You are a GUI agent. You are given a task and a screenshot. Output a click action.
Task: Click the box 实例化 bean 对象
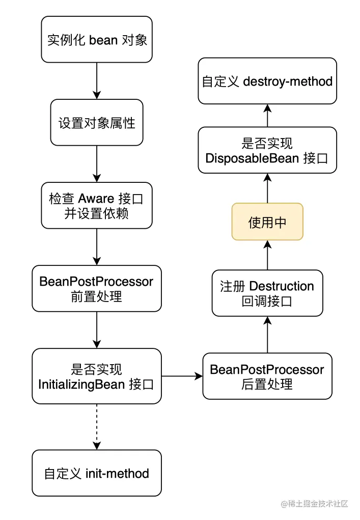click(x=97, y=39)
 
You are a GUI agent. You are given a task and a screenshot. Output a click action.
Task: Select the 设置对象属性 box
click(x=97, y=122)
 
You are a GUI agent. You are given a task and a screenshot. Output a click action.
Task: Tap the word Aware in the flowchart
click(x=95, y=199)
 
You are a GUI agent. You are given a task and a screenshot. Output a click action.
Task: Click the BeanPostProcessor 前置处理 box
click(x=97, y=288)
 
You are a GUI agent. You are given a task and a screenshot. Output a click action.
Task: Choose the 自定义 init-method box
click(x=97, y=473)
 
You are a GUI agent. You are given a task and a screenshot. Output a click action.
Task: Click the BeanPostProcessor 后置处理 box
click(x=267, y=376)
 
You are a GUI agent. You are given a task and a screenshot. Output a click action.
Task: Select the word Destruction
click(x=282, y=286)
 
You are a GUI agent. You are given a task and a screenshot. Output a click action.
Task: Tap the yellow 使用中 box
click(x=267, y=222)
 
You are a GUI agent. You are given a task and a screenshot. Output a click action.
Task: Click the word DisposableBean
click(x=253, y=158)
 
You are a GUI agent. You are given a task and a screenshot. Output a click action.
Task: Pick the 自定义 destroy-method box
click(x=267, y=81)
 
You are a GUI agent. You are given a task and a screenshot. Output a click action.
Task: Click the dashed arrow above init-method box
click(x=97, y=427)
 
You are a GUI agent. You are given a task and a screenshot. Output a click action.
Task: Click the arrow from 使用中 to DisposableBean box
click(x=267, y=188)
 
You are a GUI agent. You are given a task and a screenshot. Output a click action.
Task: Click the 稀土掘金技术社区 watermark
click(x=314, y=504)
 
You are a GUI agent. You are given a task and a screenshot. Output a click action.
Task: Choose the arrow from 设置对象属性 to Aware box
click(x=97, y=163)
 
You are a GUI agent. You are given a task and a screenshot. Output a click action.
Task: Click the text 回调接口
click(x=267, y=301)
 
